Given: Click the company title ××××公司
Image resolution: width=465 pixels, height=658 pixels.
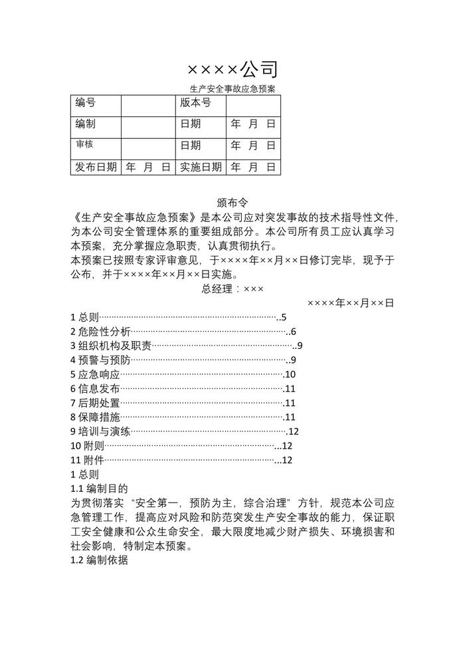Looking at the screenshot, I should tap(232, 69).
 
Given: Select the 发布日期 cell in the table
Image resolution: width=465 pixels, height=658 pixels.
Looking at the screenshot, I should tap(95, 167).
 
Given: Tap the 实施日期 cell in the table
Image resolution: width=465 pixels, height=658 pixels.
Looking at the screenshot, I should tap(201, 167).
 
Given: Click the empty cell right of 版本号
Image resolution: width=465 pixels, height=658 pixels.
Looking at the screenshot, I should tap(253, 105).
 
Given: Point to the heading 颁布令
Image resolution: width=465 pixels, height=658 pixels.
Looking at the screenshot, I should tap(232, 203).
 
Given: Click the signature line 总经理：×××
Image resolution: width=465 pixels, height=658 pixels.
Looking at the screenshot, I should tap(232, 289).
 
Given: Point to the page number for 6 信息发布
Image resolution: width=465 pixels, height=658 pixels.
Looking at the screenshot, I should tap(289, 389).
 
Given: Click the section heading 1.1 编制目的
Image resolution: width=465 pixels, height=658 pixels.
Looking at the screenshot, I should tap(99, 489).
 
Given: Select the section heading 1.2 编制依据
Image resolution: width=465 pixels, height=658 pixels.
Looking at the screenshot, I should tap(99, 560).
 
